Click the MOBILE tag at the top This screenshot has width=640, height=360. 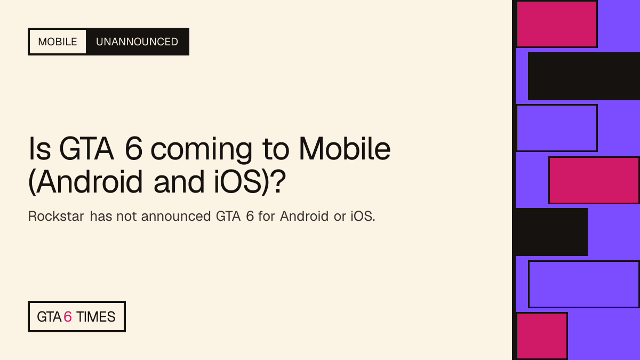point(58,42)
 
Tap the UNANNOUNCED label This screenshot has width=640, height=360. point(137,42)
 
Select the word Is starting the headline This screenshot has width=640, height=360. point(39,149)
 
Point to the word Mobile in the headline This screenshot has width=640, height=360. point(345,149)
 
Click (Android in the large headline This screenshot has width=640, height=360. point(85,182)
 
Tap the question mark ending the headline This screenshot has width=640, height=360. point(278,181)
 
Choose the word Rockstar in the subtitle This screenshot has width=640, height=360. point(56,217)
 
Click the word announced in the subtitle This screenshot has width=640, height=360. point(176,217)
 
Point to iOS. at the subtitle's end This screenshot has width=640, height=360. point(363,217)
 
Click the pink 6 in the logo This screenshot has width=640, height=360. point(68,317)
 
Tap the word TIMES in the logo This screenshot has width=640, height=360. point(95,317)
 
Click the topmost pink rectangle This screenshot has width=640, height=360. point(557,24)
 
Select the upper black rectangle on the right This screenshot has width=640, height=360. point(583,76)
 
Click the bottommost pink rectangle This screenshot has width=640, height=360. point(542,337)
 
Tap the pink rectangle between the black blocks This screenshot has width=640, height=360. point(594,180)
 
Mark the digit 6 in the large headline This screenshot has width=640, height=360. point(134,149)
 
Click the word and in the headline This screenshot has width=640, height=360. point(179,182)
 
